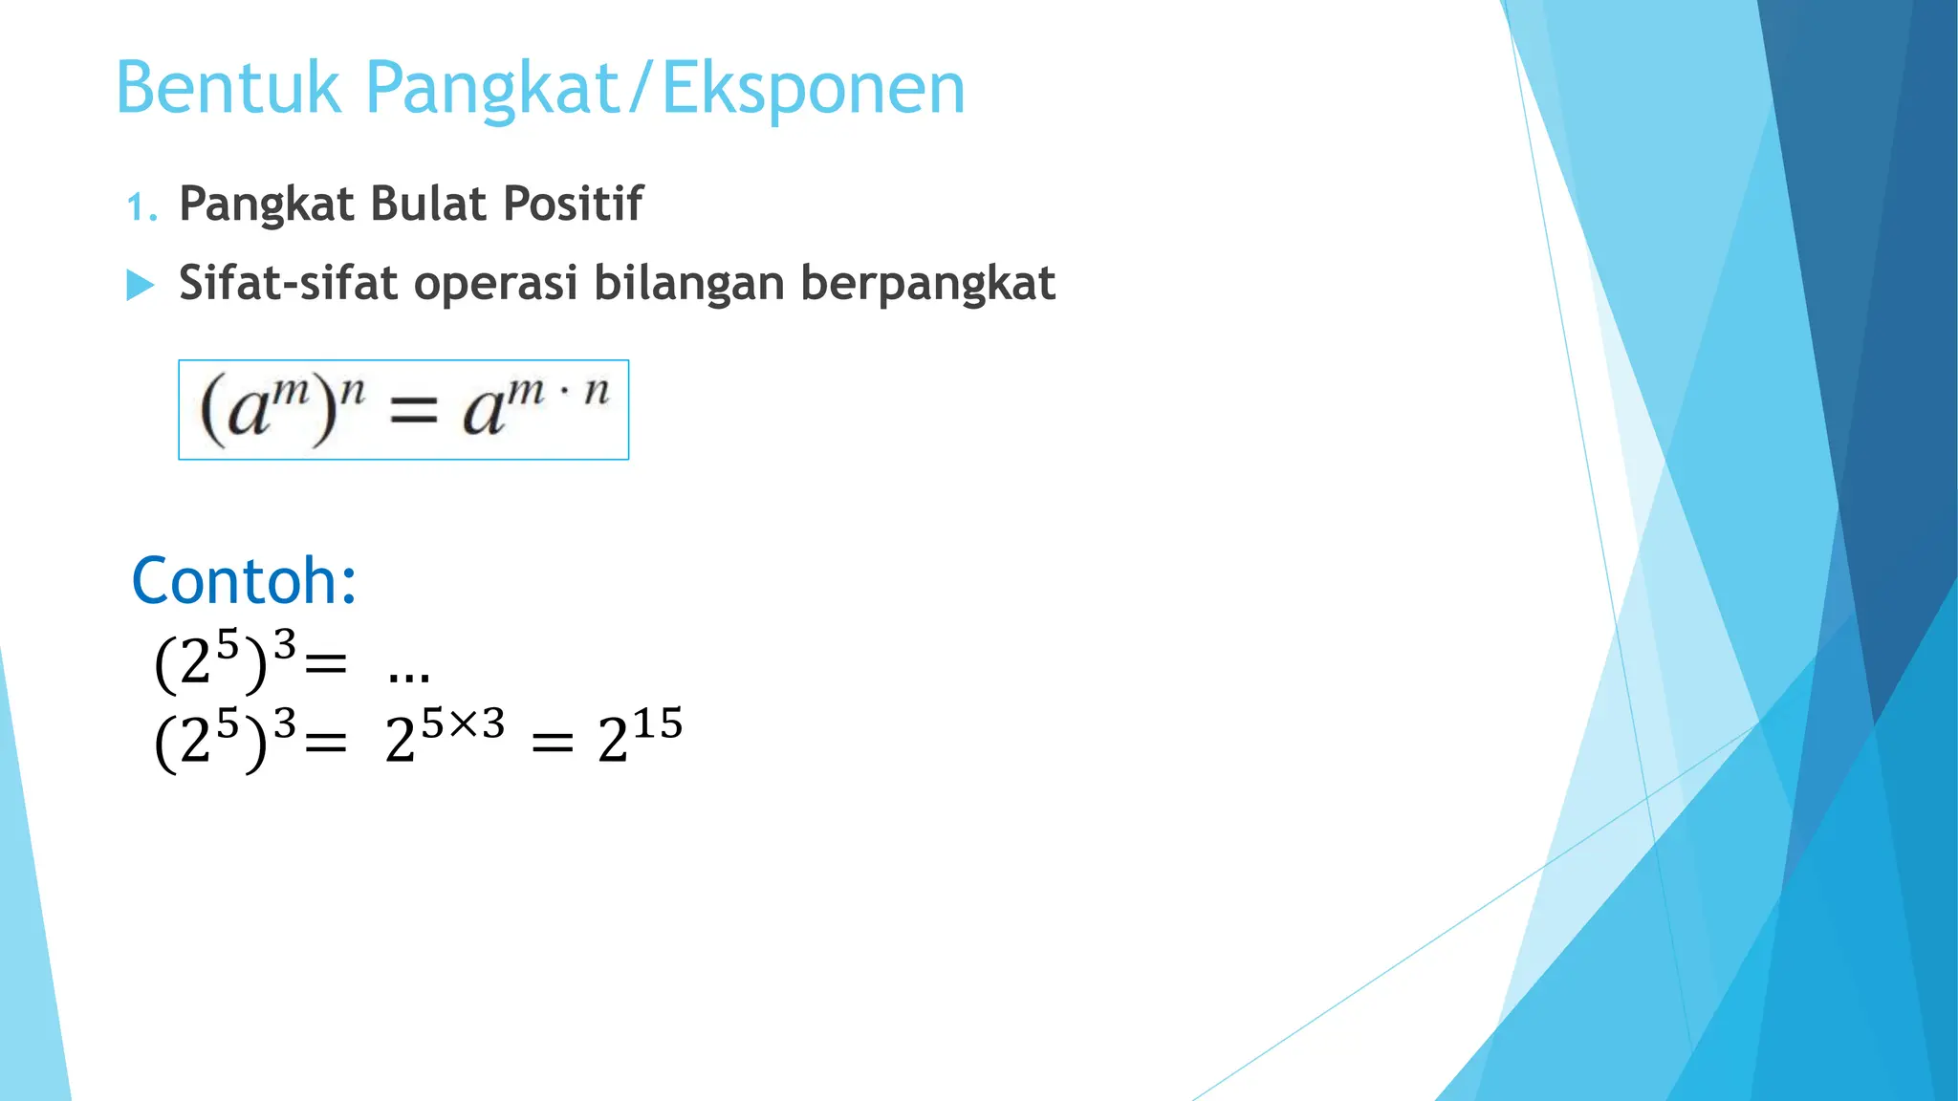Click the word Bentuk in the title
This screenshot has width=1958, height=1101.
tap(228, 88)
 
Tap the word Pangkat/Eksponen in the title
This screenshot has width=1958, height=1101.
tap(665, 88)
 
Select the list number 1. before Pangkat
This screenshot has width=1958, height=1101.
tap(142, 206)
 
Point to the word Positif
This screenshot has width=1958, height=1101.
tap(573, 204)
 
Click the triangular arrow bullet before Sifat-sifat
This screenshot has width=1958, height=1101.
tap(141, 285)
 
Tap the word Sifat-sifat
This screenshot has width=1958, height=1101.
tap(283, 283)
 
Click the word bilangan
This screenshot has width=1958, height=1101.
tap(688, 285)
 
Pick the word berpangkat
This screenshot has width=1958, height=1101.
tap(927, 285)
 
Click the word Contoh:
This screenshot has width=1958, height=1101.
tap(245, 581)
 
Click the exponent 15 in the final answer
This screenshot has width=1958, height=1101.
tap(658, 723)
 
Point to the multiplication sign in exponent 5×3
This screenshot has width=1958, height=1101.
tap(463, 723)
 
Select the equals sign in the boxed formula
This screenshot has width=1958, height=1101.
tap(414, 414)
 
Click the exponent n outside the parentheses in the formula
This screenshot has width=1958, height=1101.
tap(353, 390)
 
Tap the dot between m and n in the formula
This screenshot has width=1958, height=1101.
tap(565, 392)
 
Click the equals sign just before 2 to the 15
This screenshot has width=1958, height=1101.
tap(553, 742)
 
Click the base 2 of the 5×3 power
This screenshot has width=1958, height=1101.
tap(400, 742)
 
